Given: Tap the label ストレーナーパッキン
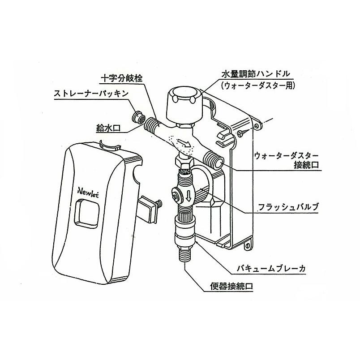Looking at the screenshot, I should [91, 94].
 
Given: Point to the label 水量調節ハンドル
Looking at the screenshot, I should [257, 73].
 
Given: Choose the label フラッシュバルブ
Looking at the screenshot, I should [287, 208].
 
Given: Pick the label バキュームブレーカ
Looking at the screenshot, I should [276, 270].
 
